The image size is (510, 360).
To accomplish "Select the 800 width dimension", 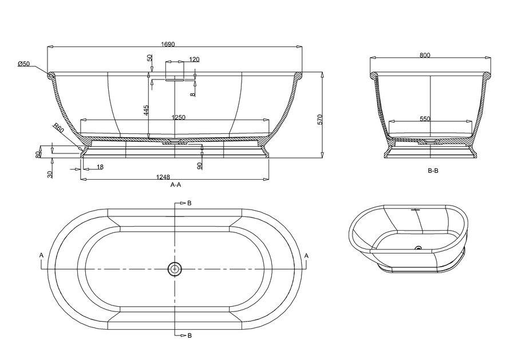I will coord(424,55).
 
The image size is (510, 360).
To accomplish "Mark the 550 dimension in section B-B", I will coord(424,119).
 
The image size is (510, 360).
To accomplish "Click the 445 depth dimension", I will coord(147,110).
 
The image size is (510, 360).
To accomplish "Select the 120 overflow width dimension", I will coord(194,60).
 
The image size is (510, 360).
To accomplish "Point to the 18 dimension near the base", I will coord(100,167).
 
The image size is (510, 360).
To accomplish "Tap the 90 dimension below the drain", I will coord(199,165).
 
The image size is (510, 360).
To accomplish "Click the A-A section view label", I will coord(176,185).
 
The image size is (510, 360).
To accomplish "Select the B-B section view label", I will coord(433,171).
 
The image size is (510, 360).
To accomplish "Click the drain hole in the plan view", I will coord(175,268).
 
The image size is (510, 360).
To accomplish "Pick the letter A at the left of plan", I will coord(41,255).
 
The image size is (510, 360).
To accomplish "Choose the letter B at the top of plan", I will coord(189,203).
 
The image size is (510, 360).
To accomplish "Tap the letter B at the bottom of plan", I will coord(189,335).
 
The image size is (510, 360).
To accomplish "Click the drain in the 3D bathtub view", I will coord(418,248).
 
